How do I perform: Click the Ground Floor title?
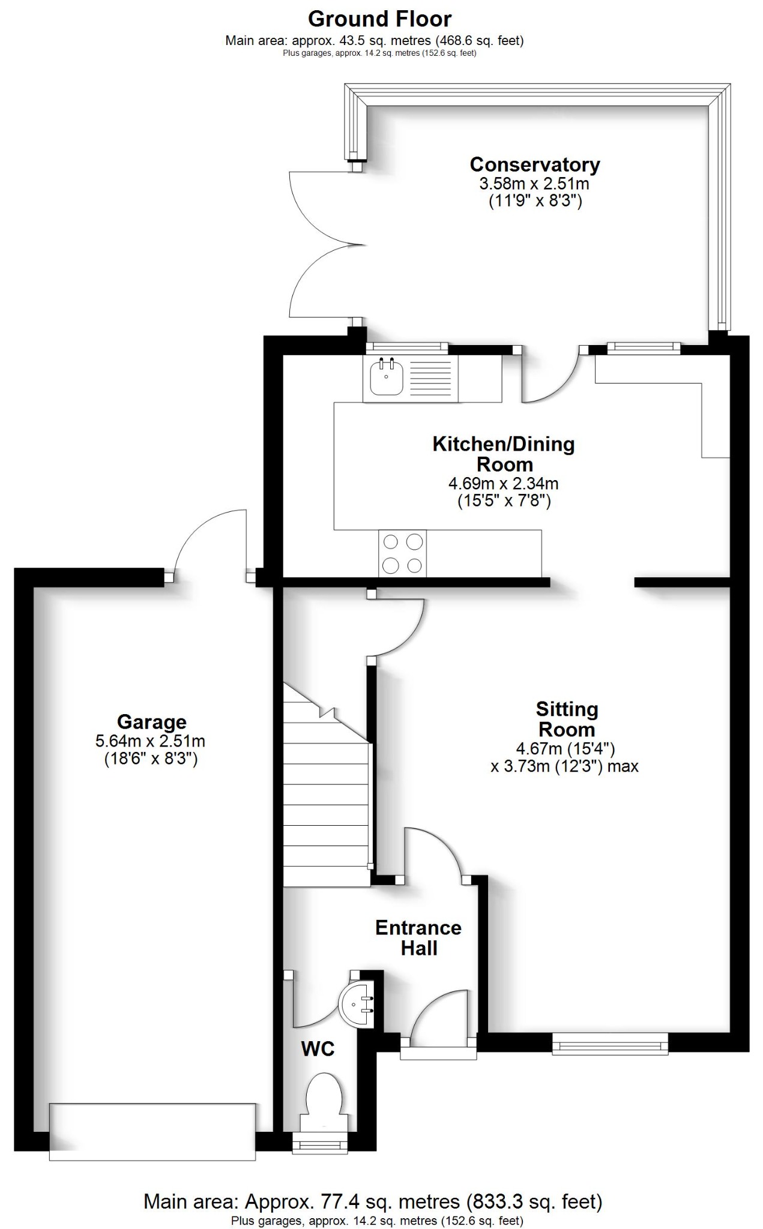[379, 19]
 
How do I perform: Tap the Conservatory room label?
[534, 164]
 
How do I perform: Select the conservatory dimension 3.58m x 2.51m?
[534, 183]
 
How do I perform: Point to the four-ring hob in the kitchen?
[402, 553]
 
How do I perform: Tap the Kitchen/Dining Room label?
[504, 454]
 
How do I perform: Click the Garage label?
[152, 721]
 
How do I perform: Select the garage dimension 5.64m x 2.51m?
[151, 741]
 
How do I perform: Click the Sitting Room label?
[567, 720]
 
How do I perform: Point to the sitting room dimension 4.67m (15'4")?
[565, 748]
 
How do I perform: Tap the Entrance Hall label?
[418, 938]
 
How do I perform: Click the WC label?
[318, 1049]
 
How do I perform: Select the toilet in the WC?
[324, 1098]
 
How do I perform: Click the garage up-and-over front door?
[152, 1132]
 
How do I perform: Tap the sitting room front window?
[610, 1044]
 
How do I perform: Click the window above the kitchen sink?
[407, 347]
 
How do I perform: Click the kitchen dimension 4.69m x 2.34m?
[504, 483]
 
